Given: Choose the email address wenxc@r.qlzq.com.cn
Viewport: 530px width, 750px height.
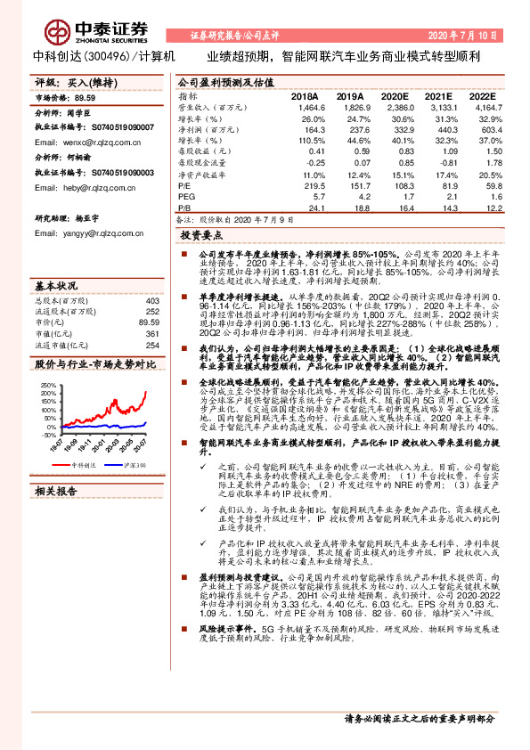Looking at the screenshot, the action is [76, 142].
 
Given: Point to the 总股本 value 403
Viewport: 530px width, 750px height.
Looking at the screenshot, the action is [151, 301].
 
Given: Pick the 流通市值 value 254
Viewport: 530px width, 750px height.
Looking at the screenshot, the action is [151, 345].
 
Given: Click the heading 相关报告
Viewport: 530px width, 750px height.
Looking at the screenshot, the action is [56, 490].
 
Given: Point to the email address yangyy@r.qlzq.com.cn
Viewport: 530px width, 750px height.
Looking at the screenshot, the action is [76, 232].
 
